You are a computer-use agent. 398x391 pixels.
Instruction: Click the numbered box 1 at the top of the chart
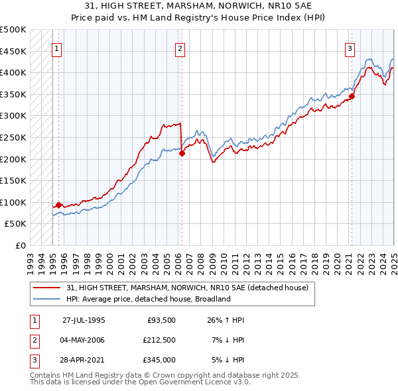(x=56, y=48)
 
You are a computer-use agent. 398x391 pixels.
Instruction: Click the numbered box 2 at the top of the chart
(x=180, y=48)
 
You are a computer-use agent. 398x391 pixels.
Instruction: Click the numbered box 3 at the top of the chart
(x=350, y=48)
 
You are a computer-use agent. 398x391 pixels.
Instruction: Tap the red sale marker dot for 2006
(x=182, y=154)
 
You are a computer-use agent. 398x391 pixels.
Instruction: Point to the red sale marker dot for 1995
(x=59, y=205)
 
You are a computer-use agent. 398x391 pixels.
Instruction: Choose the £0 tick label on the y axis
(x=19, y=245)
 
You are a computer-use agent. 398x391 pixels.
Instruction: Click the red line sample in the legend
(x=46, y=288)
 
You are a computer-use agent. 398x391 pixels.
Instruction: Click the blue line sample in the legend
(x=46, y=299)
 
